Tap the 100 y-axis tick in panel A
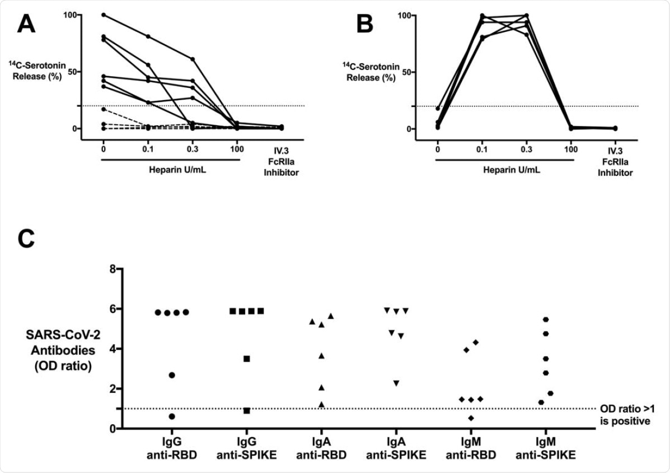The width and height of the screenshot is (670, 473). pyautogui.click(x=68, y=14)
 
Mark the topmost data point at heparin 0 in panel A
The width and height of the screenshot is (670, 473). pyautogui.click(x=104, y=15)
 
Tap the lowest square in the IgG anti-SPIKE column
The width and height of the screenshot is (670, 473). pyautogui.click(x=247, y=411)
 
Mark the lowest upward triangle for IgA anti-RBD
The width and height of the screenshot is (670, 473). pyautogui.click(x=322, y=404)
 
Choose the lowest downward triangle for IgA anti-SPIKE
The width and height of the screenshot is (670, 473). pyautogui.click(x=396, y=383)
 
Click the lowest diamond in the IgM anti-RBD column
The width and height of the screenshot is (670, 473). pyautogui.click(x=471, y=418)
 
